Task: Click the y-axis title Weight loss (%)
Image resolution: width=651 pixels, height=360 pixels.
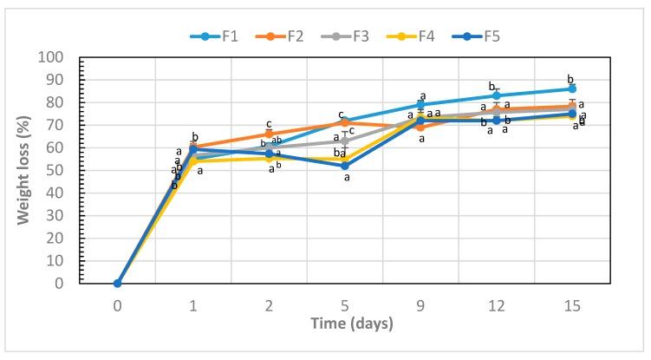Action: coord(26,170)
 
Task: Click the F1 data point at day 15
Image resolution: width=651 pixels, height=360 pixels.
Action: coord(572,88)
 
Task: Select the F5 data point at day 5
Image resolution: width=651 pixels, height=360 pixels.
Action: coord(345,166)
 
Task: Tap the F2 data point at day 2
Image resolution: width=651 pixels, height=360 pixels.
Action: coord(269,134)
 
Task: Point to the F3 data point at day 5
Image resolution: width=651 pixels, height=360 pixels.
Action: coord(345,141)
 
